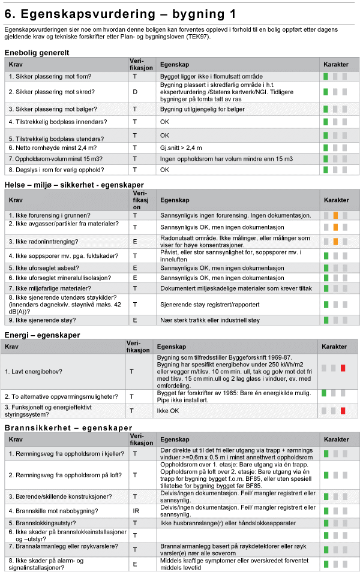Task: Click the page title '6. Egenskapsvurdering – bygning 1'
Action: [120, 13]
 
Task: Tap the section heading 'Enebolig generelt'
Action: [37, 53]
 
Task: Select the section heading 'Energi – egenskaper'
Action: [42, 335]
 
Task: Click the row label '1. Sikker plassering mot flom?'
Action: [48, 77]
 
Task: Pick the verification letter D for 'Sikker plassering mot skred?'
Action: [134, 92]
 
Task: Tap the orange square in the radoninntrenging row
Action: [335, 242]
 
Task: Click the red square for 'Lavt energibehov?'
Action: [343, 368]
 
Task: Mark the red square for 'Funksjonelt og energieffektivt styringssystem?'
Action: [343, 411]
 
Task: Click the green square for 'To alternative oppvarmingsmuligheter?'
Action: [324, 393]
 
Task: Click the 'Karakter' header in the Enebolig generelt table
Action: [335, 64]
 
